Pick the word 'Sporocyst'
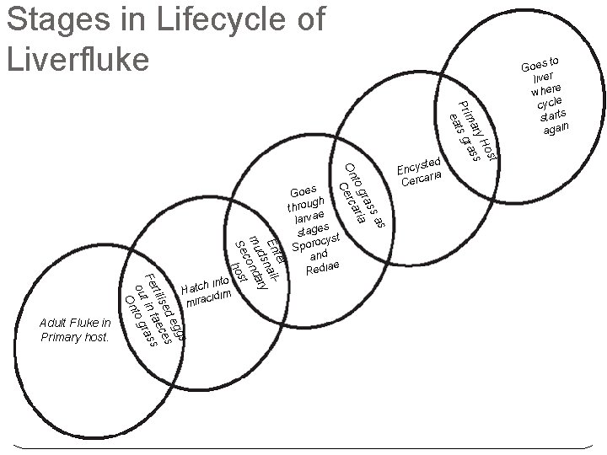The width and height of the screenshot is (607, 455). tap(314, 242)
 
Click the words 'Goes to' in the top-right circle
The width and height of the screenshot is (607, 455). tap(540, 63)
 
